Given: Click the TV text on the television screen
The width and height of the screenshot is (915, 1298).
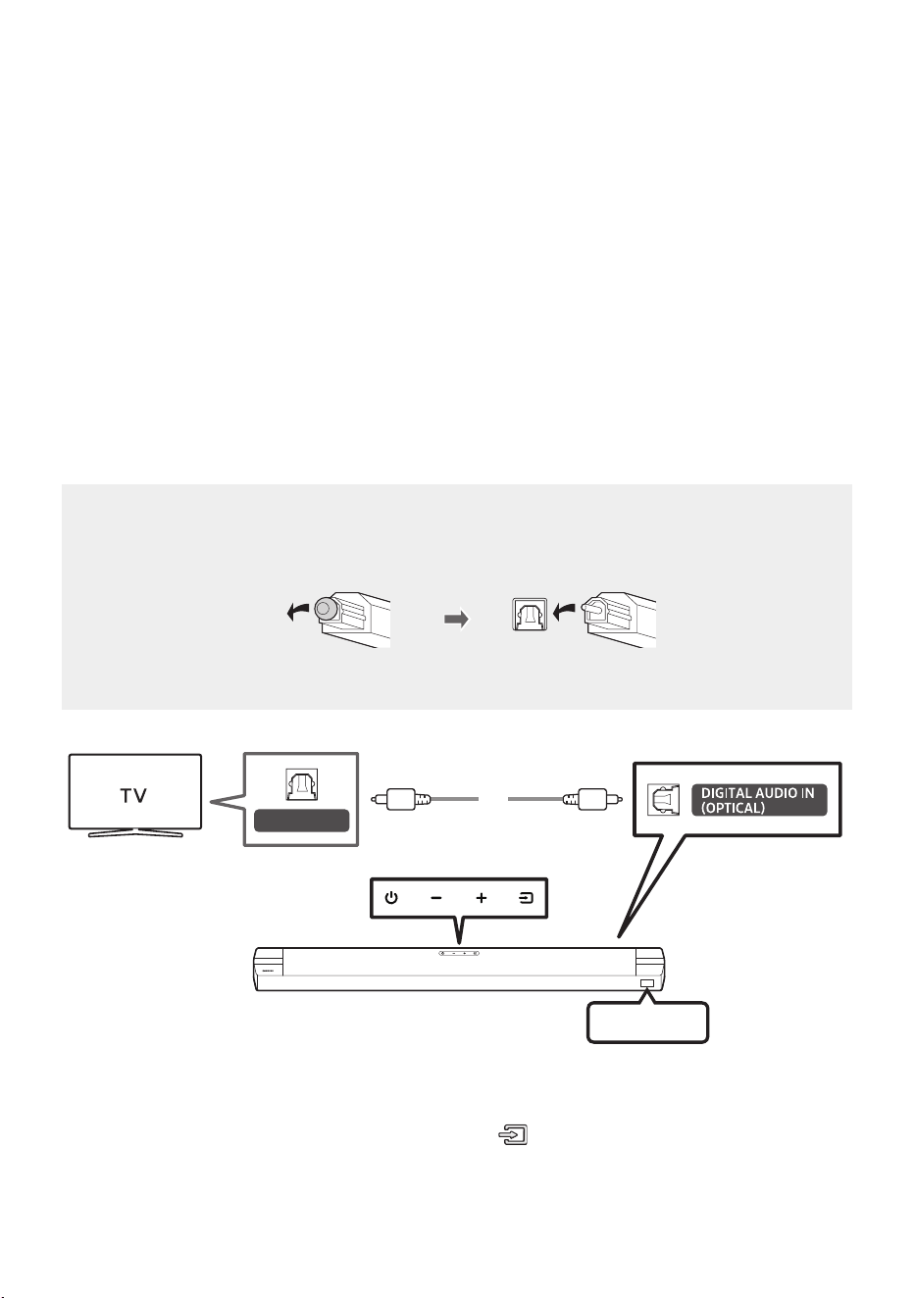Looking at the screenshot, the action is (x=133, y=795).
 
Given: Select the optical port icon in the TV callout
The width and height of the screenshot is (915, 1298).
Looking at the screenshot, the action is (x=301, y=784).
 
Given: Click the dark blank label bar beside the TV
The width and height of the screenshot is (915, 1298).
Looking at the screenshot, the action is (x=301, y=821).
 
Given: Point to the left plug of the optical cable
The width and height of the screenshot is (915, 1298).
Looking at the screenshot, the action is (x=401, y=799).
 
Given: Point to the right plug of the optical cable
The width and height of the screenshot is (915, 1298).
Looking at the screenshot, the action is (x=592, y=799).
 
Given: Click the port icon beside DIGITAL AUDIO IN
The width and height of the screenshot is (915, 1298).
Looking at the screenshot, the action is (x=663, y=800).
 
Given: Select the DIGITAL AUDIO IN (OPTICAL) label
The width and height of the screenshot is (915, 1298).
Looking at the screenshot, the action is (x=759, y=800).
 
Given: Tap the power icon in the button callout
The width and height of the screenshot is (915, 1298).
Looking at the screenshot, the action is (x=391, y=898).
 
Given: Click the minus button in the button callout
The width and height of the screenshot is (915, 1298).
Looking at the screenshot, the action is (x=436, y=898).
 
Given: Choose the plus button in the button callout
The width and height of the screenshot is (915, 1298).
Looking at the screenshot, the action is (x=482, y=898).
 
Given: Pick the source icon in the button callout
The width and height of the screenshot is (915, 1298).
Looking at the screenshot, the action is (x=526, y=898).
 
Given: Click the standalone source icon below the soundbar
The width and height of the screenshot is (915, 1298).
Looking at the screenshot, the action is (x=513, y=1135).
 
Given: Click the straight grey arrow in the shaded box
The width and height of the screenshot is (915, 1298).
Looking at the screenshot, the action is (x=456, y=620).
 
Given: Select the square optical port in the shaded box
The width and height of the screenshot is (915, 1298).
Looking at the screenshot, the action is (x=530, y=615).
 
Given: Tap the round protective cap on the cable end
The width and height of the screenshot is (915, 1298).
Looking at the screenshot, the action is (x=326, y=609).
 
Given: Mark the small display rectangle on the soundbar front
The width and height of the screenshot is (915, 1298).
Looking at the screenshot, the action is (x=647, y=983).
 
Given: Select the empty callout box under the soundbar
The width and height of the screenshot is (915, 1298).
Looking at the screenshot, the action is (x=647, y=1023).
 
